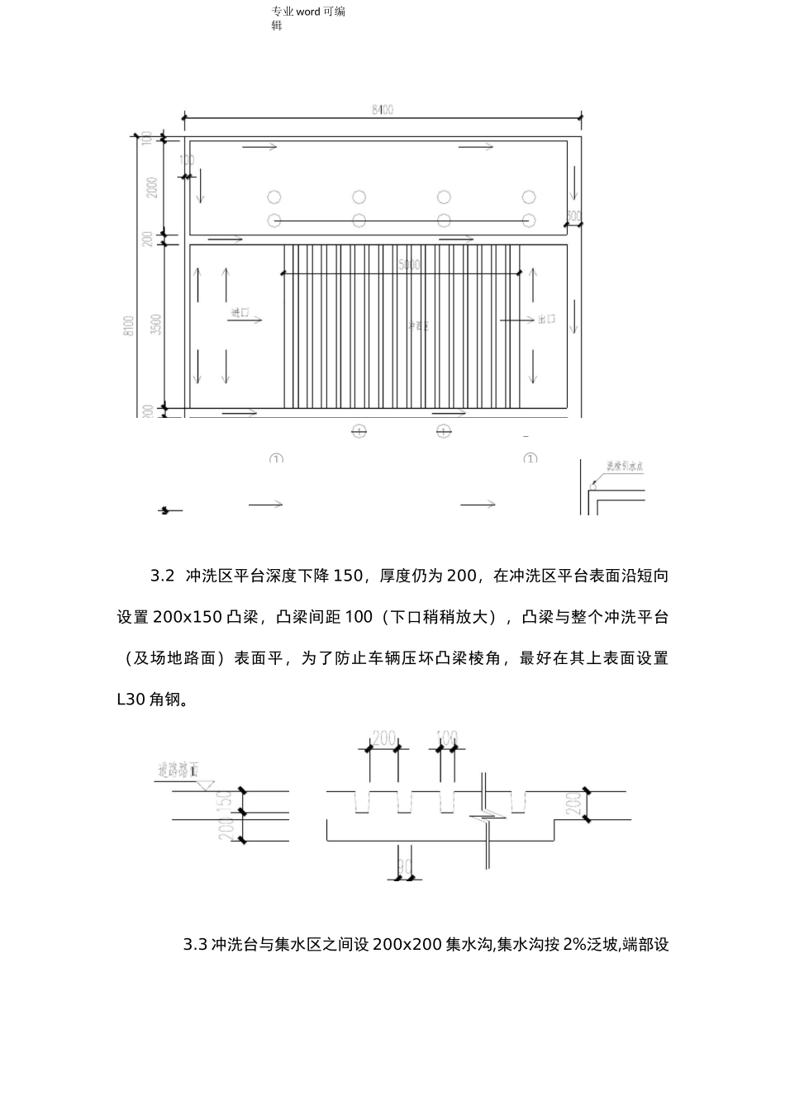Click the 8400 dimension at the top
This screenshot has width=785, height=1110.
[x=382, y=109]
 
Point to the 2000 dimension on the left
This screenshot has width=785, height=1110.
[x=151, y=188]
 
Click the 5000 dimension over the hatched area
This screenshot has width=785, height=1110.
[x=408, y=265]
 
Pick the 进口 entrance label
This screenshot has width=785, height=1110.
[x=240, y=314]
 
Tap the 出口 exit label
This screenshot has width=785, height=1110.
[x=546, y=319]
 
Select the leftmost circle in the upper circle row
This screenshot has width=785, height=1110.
[x=274, y=197]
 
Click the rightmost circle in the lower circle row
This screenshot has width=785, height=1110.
[x=529, y=220]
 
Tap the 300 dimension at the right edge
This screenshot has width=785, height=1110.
[x=573, y=216]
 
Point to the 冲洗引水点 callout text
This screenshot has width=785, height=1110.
[x=625, y=467]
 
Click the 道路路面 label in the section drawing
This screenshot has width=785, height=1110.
[x=177, y=771]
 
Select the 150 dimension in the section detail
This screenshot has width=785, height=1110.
[x=224, y=801]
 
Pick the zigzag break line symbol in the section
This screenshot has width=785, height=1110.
[x=487, y=819]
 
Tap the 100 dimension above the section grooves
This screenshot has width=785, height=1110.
[x=446, y=737]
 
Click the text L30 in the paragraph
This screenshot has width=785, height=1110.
[x=131, y=700]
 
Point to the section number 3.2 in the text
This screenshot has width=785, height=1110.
[x=162, y=576]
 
